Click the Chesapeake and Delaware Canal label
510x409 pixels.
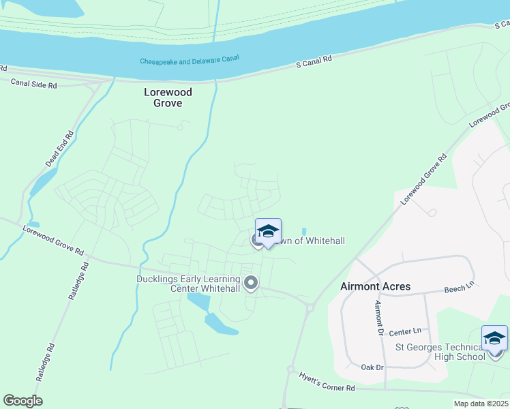(190, 61)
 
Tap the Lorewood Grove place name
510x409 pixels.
(168, 97)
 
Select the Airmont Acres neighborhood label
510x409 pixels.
(375, 286)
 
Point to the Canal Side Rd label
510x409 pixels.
(34, 85)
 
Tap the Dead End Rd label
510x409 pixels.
(59, 150)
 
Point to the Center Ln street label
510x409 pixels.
(407, 332)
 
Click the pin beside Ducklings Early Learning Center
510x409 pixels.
(251, 282)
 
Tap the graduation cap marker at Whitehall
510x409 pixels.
(268, 231)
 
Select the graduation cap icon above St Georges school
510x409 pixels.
(494, 338)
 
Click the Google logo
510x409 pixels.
(22, 401)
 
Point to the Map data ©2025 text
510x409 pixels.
(481, 404)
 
